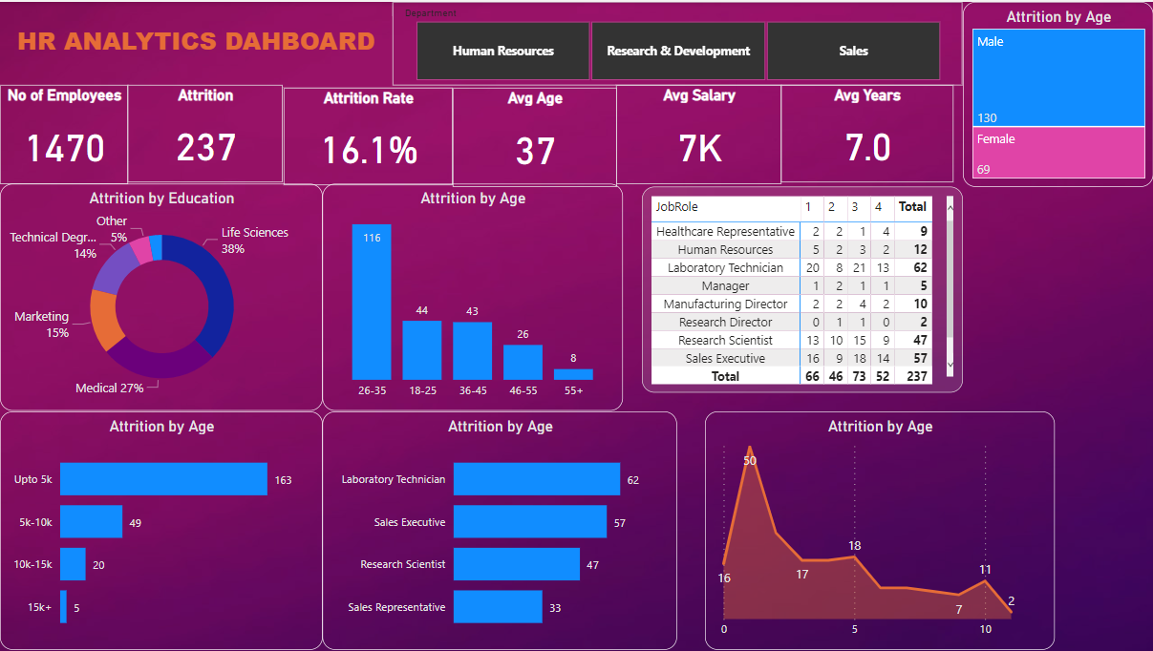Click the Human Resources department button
pos(502,51)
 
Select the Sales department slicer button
pos(853,51)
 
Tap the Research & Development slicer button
pos(678,51)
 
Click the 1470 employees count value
pos(65,149)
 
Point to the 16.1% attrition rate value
pos(369,151)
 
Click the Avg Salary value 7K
pos(698,148)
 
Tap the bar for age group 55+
pos(573,374)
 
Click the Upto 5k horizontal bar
pos(163,479)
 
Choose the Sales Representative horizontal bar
pos(498,607)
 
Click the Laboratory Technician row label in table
pos(725,268)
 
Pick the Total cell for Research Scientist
pos(912,341)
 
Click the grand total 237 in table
pos(912,376)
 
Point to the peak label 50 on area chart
pos(750,460)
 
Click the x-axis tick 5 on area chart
pos(854,629)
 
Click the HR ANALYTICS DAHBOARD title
pos(196,41)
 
